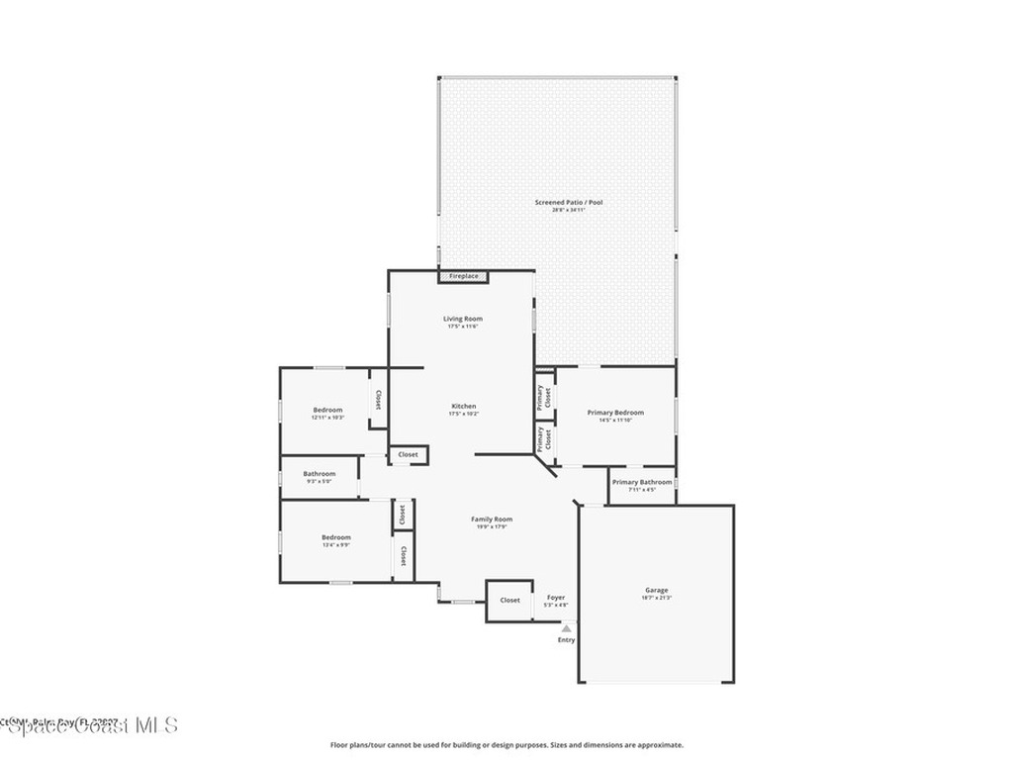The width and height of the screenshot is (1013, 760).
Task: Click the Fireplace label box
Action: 464,276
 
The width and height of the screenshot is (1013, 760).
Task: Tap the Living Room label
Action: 463,319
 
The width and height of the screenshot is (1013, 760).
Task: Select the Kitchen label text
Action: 464,407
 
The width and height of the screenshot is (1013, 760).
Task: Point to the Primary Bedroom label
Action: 615,413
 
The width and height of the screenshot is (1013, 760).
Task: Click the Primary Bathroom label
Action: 641,483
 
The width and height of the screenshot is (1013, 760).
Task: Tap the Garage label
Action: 657,591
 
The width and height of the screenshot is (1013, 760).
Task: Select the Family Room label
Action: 492,520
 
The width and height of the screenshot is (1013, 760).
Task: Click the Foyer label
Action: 556,598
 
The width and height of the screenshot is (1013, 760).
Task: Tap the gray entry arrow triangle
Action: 566,627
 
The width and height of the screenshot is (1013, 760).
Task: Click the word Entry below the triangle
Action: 566,640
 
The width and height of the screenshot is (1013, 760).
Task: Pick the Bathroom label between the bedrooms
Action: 319,474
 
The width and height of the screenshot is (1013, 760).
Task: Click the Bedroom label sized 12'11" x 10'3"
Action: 327,411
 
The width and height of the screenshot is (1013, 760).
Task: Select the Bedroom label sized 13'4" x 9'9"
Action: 335,537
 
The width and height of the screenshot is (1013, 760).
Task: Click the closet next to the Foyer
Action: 509,600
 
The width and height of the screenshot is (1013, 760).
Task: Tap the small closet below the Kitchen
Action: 408,454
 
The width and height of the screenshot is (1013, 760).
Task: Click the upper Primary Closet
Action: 544,397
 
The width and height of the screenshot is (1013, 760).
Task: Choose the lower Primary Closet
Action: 544,439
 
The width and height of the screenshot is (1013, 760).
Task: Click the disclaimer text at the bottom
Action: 506,745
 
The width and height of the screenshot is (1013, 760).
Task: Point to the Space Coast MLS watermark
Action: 89,724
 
